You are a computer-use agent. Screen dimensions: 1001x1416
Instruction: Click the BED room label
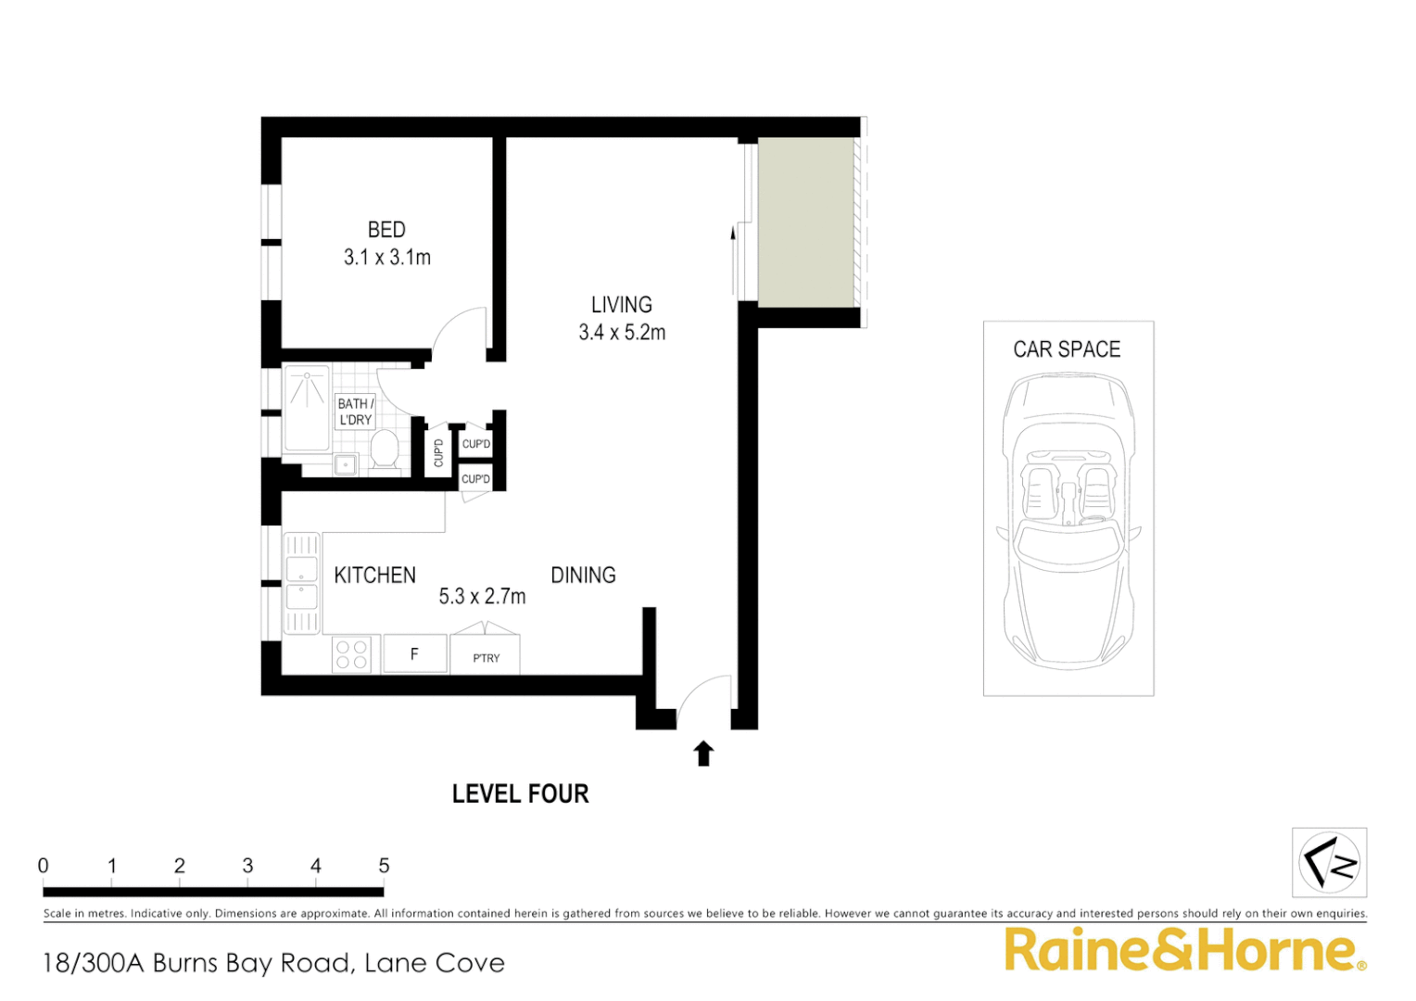pyautogui.click(x=386, y=230)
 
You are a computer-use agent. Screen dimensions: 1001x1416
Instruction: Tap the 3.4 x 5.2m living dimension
pyautogui.click(x=622, y=333)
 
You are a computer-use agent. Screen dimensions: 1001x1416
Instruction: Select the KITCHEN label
pyautogui.click(x=374, y=576)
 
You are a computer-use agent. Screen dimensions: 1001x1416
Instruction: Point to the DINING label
pyautogui.click(x=583, y=576)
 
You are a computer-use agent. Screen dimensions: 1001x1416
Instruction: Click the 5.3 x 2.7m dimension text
pyautogui.click(x=482, y=597)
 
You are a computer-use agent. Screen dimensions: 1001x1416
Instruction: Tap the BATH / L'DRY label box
pyautogui.click(x=355, y=412)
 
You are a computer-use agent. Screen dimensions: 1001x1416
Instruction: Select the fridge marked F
pyautogui.click(x=414, y=654)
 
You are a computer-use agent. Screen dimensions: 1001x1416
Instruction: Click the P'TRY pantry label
pyautogui.click(x=486, y=658)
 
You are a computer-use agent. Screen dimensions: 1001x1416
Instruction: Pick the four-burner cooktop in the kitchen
pyautogui.click(x=352, y=654)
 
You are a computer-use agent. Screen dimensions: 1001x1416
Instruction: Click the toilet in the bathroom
pyautogui.click(x=384, y=451)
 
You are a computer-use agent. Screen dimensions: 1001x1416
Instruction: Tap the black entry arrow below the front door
pyautogui.click(x=703, y=754)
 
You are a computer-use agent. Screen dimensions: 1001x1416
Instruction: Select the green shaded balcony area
pyautogui.click(x=805, y=222)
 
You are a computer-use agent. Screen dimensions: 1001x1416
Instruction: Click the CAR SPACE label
pyautogui.click(x=1067, y=349)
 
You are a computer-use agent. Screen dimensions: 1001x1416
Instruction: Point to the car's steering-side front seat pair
pyautogui.click(x=1068, y=491)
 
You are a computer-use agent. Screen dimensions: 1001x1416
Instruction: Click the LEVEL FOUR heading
pyautogui.click(x=520, y=794)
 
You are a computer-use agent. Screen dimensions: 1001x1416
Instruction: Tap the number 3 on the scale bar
pyautogui.click(x=247, y=866)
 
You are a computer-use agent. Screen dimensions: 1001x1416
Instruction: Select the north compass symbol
pyautogui.click(x=1329, y=863)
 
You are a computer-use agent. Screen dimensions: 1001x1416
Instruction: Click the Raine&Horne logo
pyautogui.click(x=1184, y=951)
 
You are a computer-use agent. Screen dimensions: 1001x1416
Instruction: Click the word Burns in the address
pyautogui.click(x=186, y=964)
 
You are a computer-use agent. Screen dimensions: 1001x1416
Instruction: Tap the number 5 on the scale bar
pyautogui.click(x=384, y=866)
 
